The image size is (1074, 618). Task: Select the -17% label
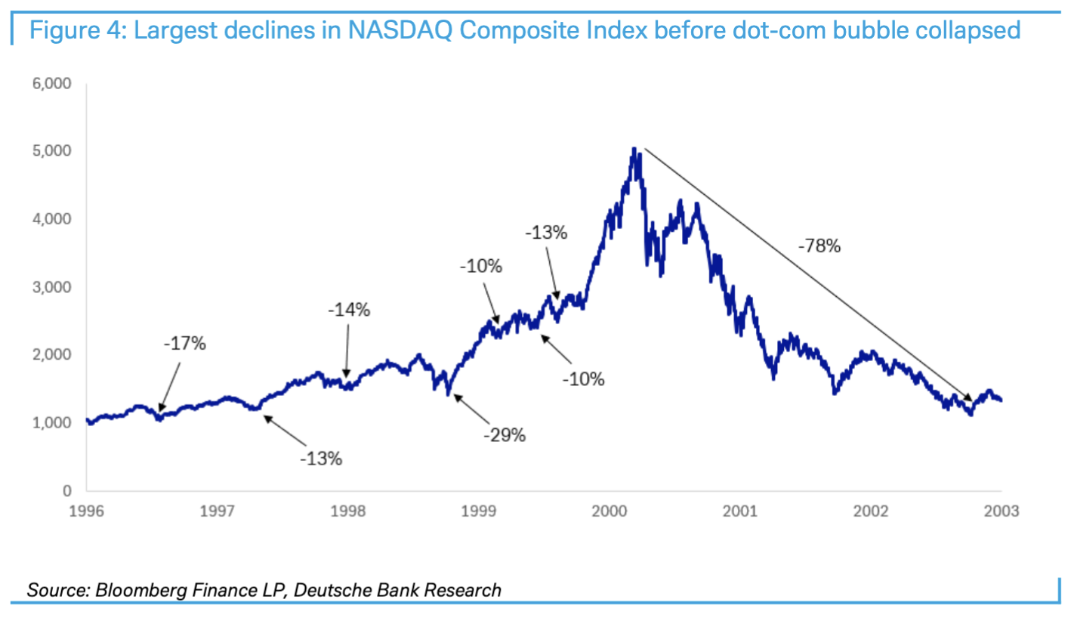click(x=184, y=343)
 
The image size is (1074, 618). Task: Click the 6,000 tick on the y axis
click(x=52, y=84)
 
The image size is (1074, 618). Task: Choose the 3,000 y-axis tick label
click(x=52, y=287)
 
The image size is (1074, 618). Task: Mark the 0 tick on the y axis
click(x=66, y=491)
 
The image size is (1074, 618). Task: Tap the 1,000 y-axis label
click(x=52, y=423)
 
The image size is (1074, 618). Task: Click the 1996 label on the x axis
click(x=87, y=511)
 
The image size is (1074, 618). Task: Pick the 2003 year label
click(x=1001, y=511)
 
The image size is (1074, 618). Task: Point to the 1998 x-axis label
click(x=348, y=511)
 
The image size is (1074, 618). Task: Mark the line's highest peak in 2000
click(x=634, y=149)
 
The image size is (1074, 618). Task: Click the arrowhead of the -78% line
click(x=971, y=400)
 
